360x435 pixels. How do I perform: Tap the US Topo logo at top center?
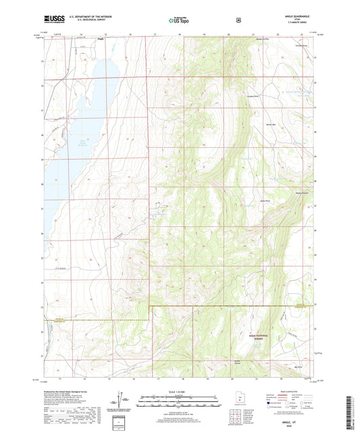[x=180, y=21]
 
